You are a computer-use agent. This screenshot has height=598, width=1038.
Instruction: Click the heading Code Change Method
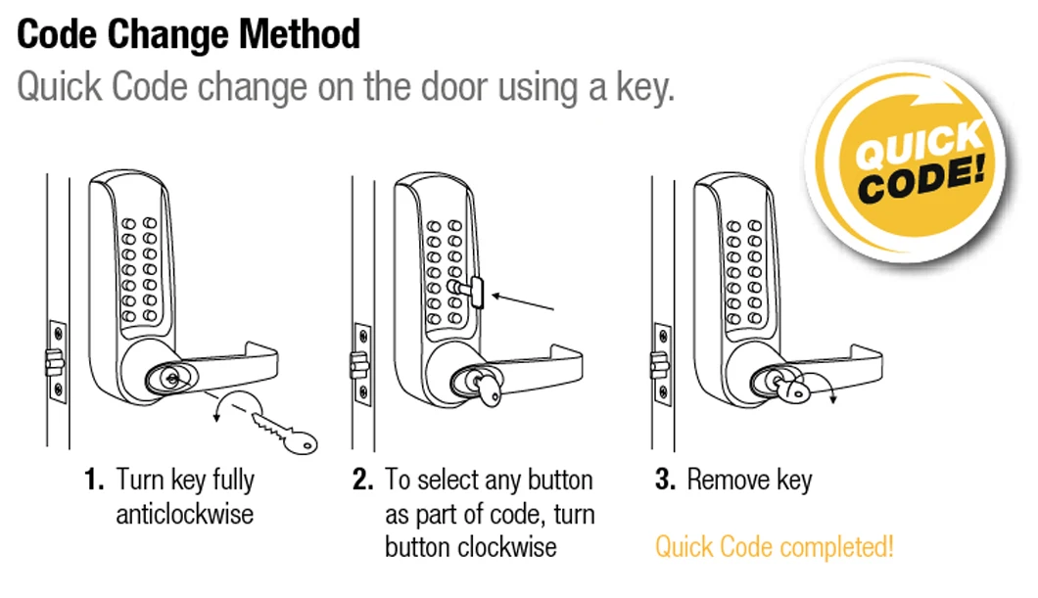[x=189, y=34]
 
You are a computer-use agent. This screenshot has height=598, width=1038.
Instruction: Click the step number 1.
[x=94, y=481]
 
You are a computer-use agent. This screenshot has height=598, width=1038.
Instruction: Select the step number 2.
[x=363, y=481]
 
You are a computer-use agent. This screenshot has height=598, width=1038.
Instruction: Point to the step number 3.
[x=665, y=481]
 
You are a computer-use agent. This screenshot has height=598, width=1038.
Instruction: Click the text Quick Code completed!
[x=774, y=546]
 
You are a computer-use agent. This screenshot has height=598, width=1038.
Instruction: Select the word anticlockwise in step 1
[x=185, y=514]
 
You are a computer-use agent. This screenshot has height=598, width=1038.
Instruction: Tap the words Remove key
[x=749, y=481]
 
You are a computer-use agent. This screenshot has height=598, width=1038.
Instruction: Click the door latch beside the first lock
[x=52, y=364]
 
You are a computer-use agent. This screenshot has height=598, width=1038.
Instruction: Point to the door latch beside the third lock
[x=659, y=364]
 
